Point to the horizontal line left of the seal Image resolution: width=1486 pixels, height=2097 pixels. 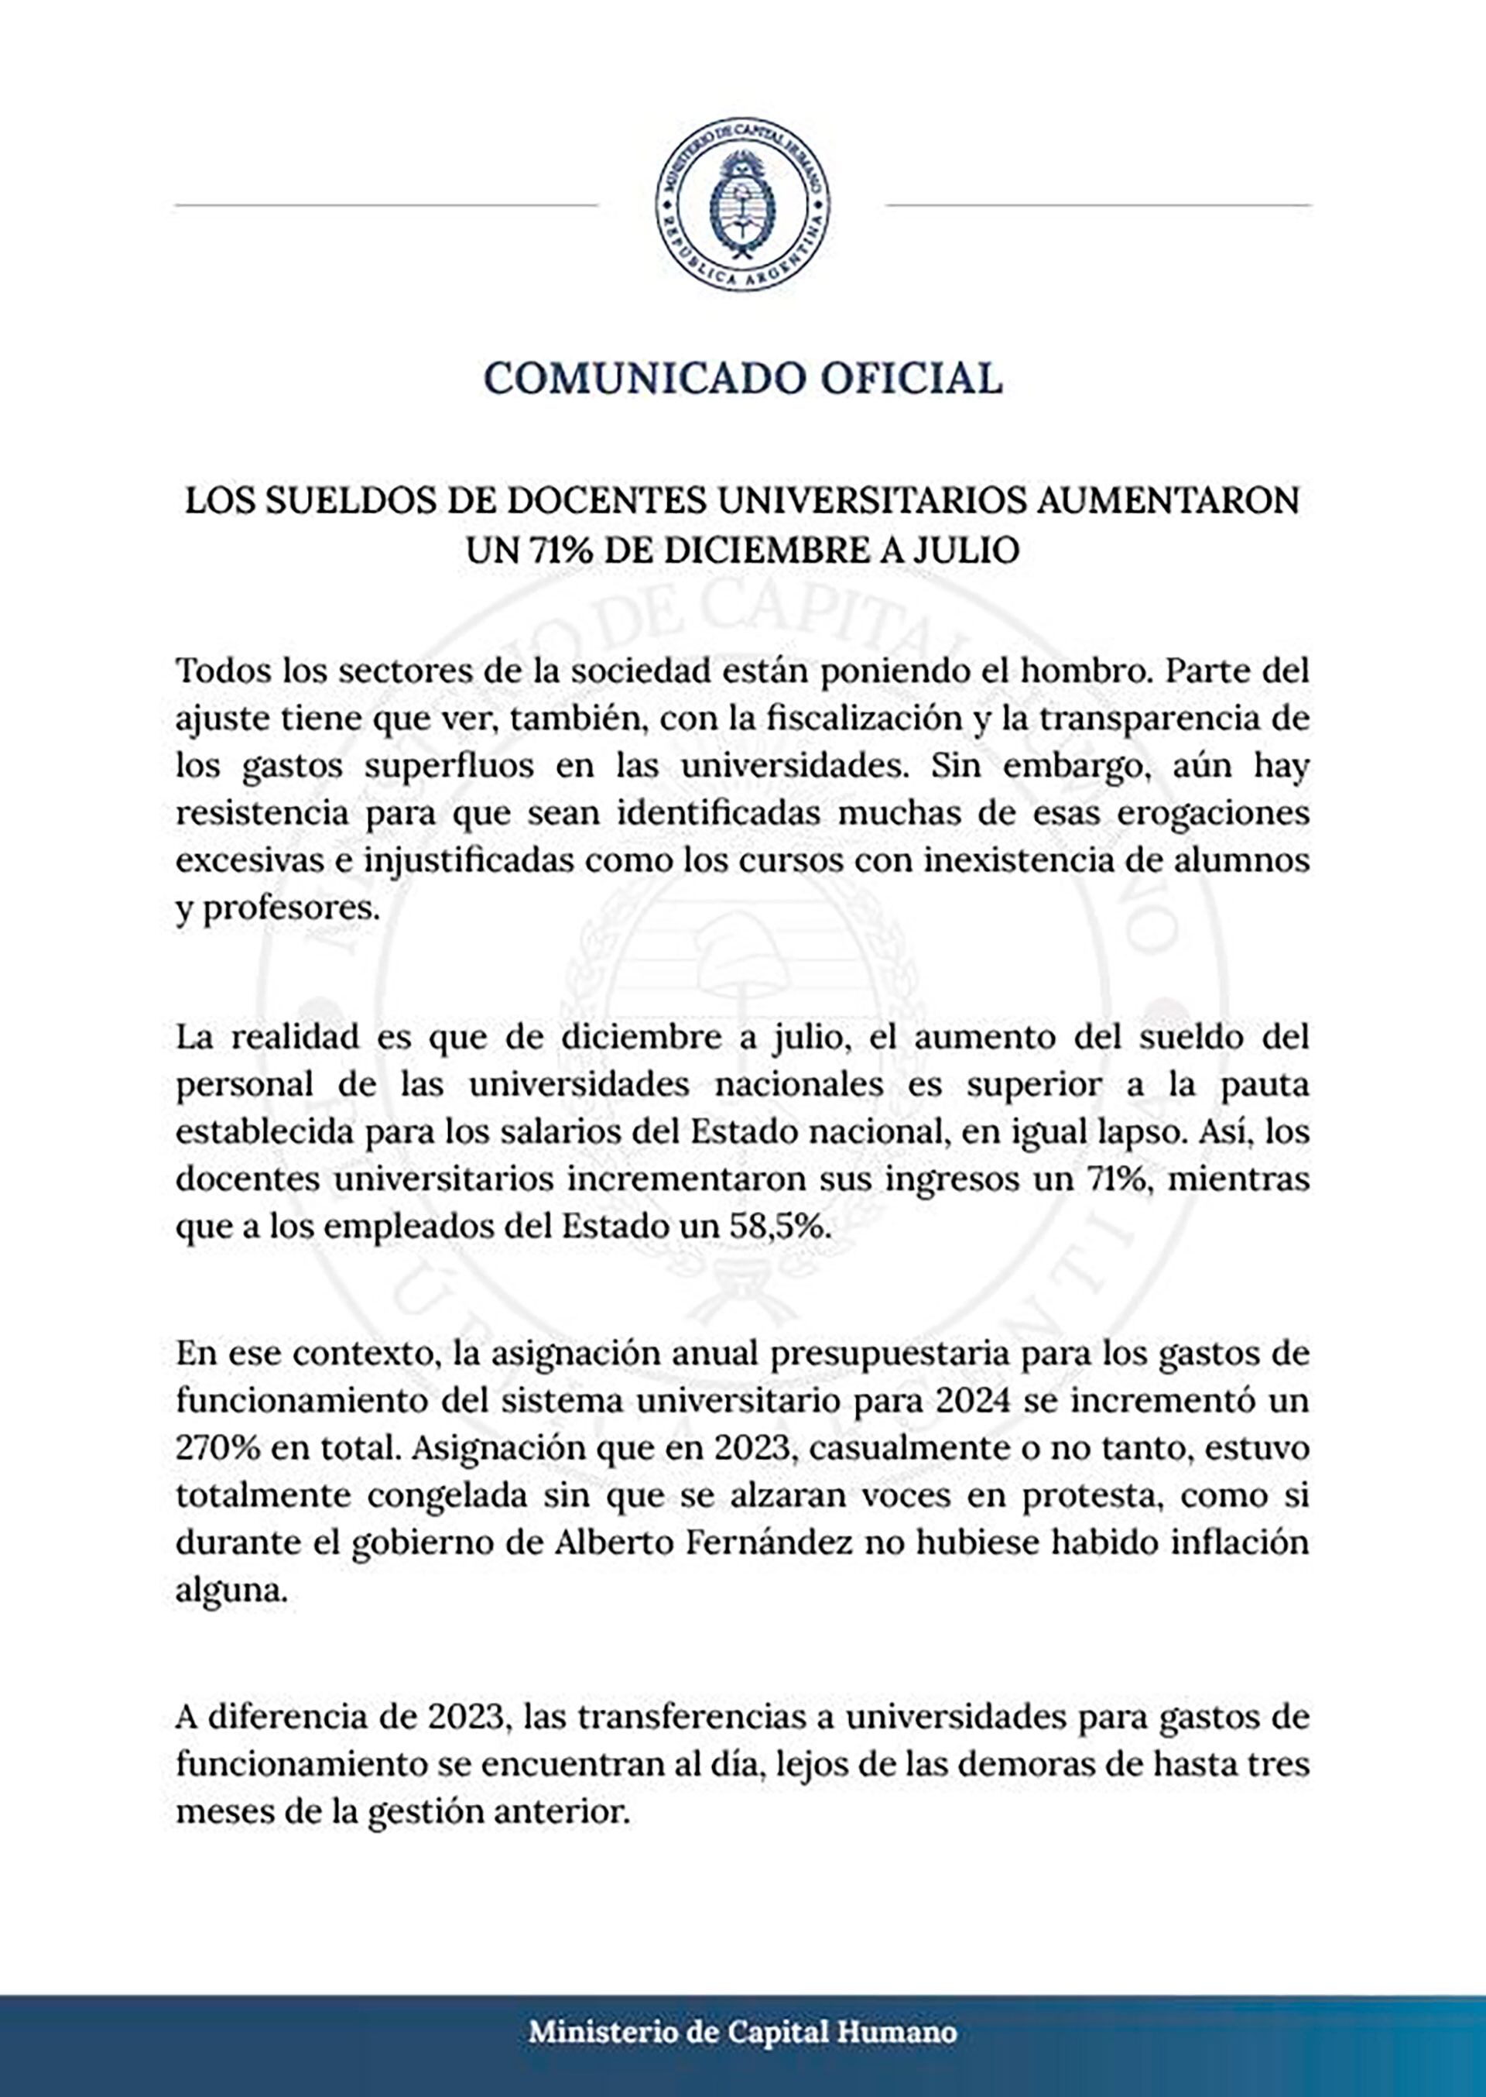pos(385,205)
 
